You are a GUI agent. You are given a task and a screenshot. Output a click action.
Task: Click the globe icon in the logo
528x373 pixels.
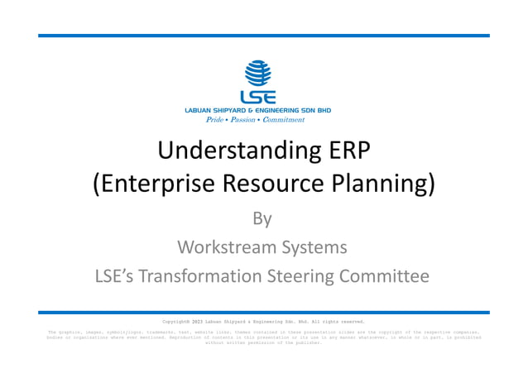coord(258,71)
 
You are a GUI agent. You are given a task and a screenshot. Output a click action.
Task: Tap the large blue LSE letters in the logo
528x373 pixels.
coord(258,96)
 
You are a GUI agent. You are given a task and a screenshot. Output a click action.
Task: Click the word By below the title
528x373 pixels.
coord(262,218)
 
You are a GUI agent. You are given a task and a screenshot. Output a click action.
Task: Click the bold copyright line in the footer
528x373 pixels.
coord(263,321)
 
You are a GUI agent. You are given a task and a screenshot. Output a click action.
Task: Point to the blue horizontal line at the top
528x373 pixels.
coord(263,36)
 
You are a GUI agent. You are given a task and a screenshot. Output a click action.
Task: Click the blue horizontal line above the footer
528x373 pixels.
coord(263,312)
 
